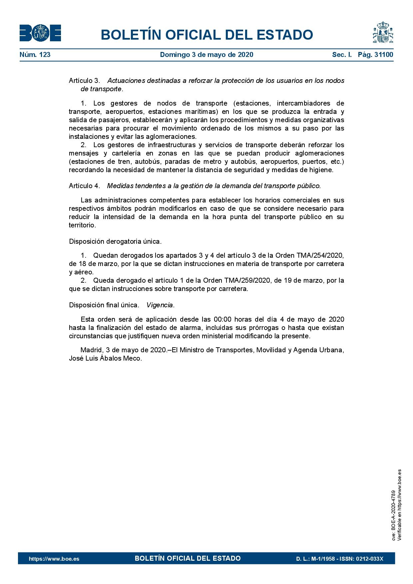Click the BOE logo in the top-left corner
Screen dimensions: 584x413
point(40,33)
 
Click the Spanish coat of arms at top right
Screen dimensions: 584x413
point(383,33)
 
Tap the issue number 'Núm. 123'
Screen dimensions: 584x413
point(35,55)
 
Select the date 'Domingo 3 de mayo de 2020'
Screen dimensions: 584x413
point(206,55)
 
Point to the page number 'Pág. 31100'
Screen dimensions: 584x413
point(375,55)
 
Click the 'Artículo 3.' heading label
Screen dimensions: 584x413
point(84,81)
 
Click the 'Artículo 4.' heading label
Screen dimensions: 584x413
point(84,186)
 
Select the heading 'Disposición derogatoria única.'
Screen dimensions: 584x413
point(115,241)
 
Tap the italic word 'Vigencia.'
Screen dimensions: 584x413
point(161,305)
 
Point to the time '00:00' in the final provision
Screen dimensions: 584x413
point(222,319)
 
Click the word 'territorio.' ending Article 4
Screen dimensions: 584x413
point(82,225)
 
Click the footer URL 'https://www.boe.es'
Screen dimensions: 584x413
point(54,559)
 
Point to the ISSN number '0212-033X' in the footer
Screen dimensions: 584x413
point(370,559)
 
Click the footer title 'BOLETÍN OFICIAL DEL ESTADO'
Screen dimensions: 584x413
point(188,558)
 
